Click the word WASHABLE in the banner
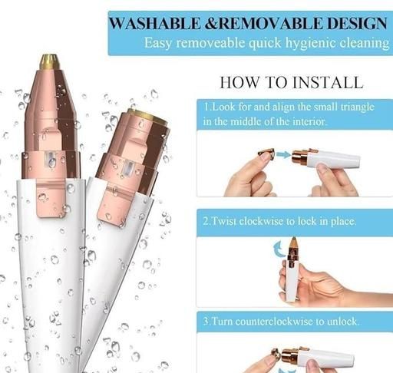coord(155,23)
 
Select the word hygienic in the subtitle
coord(310,43)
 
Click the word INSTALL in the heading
coord(328,83)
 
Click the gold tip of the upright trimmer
coord(49,61)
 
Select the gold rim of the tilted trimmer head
coord(148,117)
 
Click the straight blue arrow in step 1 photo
coord(283,154)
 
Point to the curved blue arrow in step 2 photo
coord(279,249)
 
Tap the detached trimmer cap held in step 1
coord(266,153)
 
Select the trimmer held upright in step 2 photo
coord(292,269)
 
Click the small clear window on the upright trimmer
coord(51,158)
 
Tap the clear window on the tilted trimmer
coord(128,168)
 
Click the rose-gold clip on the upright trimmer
coord(51,198)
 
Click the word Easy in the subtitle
coord(158,43)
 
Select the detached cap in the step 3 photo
coord(276,354)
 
